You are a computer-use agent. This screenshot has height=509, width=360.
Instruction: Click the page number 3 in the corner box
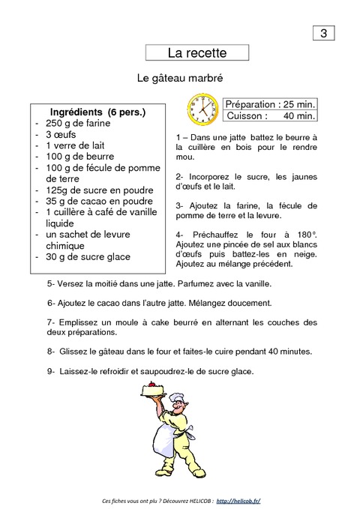click(323, 33)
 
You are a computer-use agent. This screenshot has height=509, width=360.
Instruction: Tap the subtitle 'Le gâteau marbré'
click(181, 78)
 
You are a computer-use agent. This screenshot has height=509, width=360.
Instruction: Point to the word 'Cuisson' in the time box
click(247, 116)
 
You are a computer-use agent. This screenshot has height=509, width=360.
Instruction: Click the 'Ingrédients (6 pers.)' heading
click(97, 112)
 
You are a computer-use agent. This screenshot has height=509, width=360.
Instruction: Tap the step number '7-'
click(51, 322)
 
